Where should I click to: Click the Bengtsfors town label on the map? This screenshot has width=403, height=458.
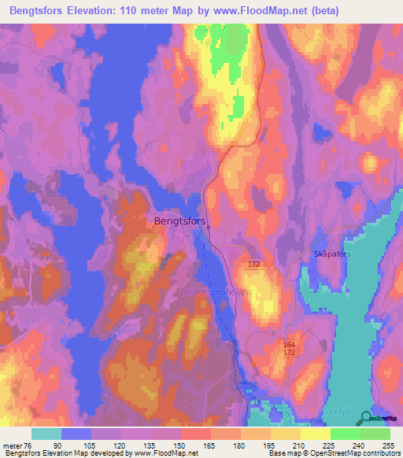point(180,222)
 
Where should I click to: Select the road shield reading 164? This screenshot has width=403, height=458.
point(290,344)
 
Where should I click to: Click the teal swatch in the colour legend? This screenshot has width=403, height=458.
point(46,434)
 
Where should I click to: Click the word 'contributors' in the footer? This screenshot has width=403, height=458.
point(376,454)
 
